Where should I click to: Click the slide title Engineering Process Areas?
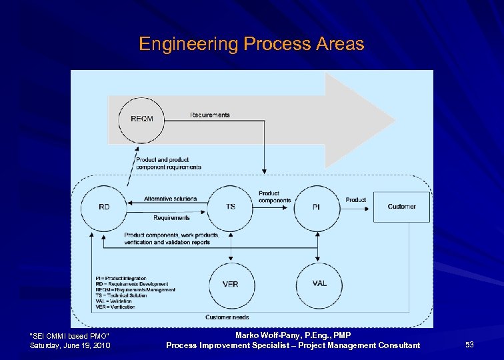251,45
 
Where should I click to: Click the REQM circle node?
141,119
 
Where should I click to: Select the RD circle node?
104,207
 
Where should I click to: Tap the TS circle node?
231,207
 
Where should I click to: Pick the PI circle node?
316,207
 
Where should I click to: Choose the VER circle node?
231,284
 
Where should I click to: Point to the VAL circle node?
319,283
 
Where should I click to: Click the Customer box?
401,207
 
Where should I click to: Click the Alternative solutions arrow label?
171,199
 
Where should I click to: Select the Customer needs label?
227,317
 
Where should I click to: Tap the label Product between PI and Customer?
355,200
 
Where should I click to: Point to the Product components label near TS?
275,197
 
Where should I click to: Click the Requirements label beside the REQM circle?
209,115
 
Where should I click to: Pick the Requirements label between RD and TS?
171,218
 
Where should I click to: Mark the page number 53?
469,345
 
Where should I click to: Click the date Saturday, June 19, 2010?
70,345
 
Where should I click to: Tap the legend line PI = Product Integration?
121,279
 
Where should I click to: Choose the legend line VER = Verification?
115,307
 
